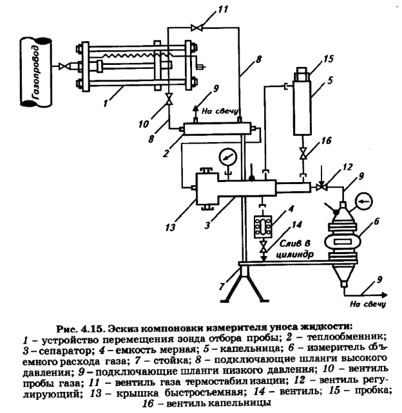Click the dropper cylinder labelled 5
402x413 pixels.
tap(304, 106)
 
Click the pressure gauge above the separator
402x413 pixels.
tap(225, 156)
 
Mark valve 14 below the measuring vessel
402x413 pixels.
tap(263, 247)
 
